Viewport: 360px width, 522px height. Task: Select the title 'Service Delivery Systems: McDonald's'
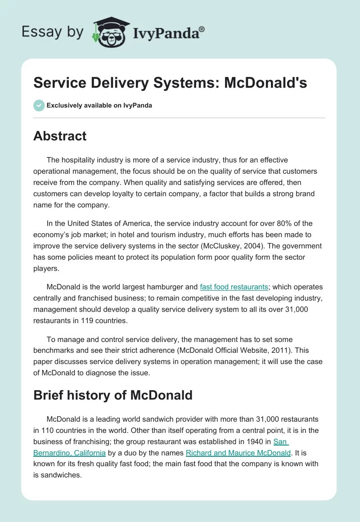[170, 83]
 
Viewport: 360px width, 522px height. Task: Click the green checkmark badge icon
[39, 105]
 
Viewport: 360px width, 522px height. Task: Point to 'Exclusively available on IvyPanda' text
[99, 105]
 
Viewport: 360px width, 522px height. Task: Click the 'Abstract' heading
[60, 136]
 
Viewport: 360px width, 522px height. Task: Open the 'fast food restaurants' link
[234, 287]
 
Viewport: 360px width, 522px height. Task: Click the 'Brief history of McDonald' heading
[113, 395]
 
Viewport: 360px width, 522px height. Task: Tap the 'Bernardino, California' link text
[70, 453]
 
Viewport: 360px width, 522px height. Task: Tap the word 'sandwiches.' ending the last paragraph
[61, 475]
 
